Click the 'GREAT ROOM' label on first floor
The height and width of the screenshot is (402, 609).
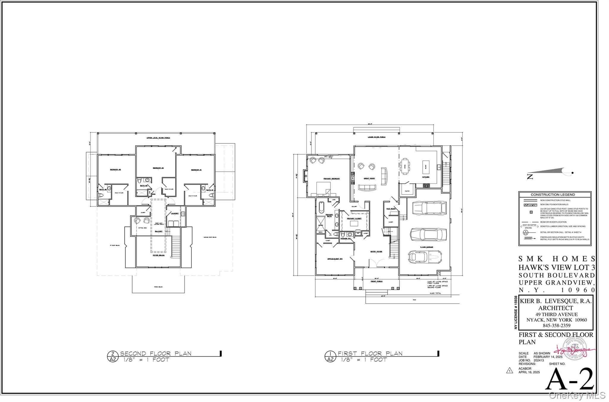click(369, 178)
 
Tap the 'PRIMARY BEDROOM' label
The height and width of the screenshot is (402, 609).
click(332, 179)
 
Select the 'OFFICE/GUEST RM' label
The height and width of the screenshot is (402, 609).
click(335, 259)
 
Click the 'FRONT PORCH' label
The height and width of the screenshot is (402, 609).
click(376, 281)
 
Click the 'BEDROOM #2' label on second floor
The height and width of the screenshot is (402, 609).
click(158, 168)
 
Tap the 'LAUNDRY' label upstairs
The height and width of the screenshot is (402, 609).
click(175, 213)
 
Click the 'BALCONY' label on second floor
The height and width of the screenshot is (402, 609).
click(159, 231)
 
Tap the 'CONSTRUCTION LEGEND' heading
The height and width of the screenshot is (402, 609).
click(553, 194)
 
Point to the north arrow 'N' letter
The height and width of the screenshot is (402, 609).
click(530, 177)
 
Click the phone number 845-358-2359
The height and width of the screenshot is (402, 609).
click(554, 325)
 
